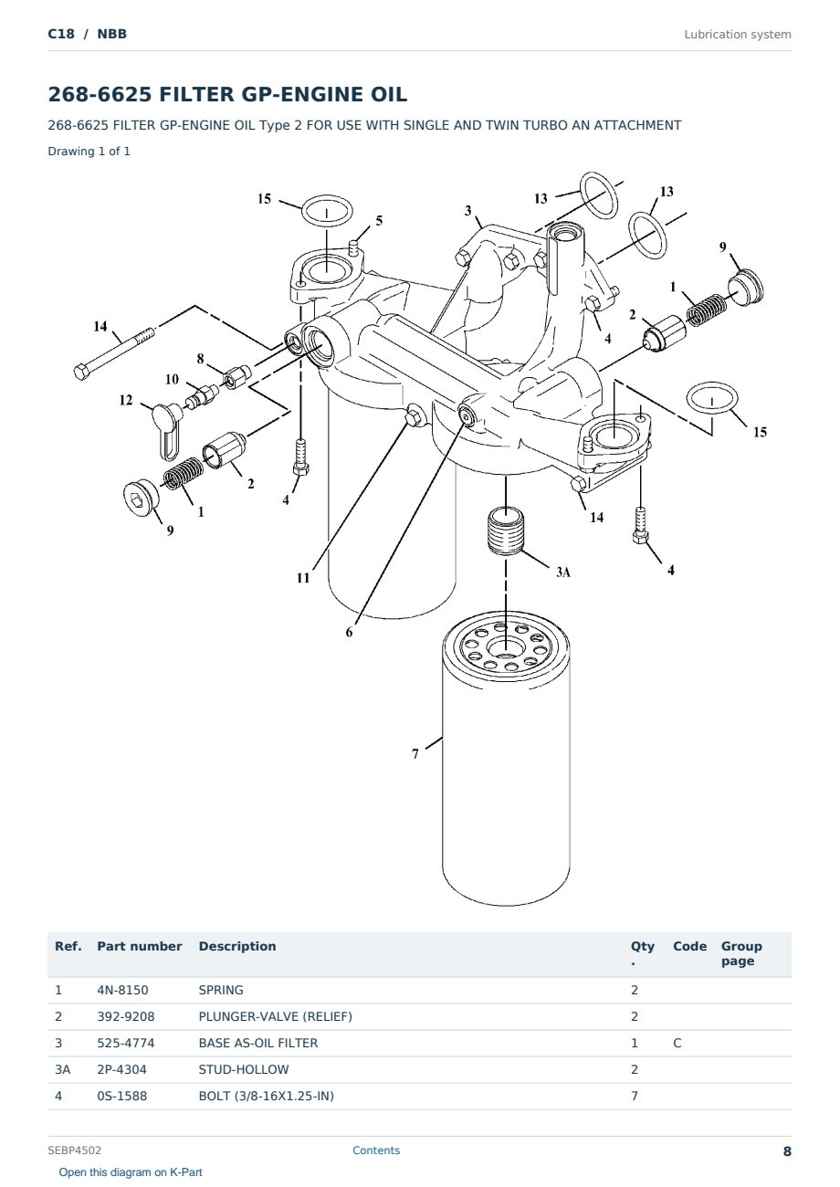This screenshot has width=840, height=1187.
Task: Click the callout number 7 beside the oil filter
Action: coord(415,753)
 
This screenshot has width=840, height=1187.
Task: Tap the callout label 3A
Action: coord(562,572)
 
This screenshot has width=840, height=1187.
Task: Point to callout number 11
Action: coord(302,578)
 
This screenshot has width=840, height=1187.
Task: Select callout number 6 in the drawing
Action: coord(349,632)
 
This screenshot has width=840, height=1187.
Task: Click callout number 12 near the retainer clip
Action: coord(126,400)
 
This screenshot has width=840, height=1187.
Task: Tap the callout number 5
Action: coord(379,220)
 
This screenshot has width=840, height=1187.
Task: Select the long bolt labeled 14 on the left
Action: coord(114,353)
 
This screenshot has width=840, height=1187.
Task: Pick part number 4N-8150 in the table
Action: coord(122,990)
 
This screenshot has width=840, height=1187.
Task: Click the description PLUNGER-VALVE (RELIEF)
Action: coord(275,1016)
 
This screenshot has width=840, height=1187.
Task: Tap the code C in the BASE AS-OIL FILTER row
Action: coord(677,1043)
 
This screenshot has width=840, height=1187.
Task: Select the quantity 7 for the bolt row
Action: coord(635,1096)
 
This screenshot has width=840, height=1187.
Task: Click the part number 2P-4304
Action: coord(121,1069)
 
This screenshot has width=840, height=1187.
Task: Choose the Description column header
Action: coord(236,947)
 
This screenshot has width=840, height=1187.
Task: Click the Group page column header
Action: coord(740,953)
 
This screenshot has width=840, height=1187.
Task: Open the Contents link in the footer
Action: coord(376,1150)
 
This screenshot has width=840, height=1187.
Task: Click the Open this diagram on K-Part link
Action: coord(131,1171)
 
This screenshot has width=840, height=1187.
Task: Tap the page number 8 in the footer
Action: coord(787,1151)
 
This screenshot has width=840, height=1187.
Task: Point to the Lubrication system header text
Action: coord(737,35)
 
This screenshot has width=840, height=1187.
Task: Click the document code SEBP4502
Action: coord(74,1150)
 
